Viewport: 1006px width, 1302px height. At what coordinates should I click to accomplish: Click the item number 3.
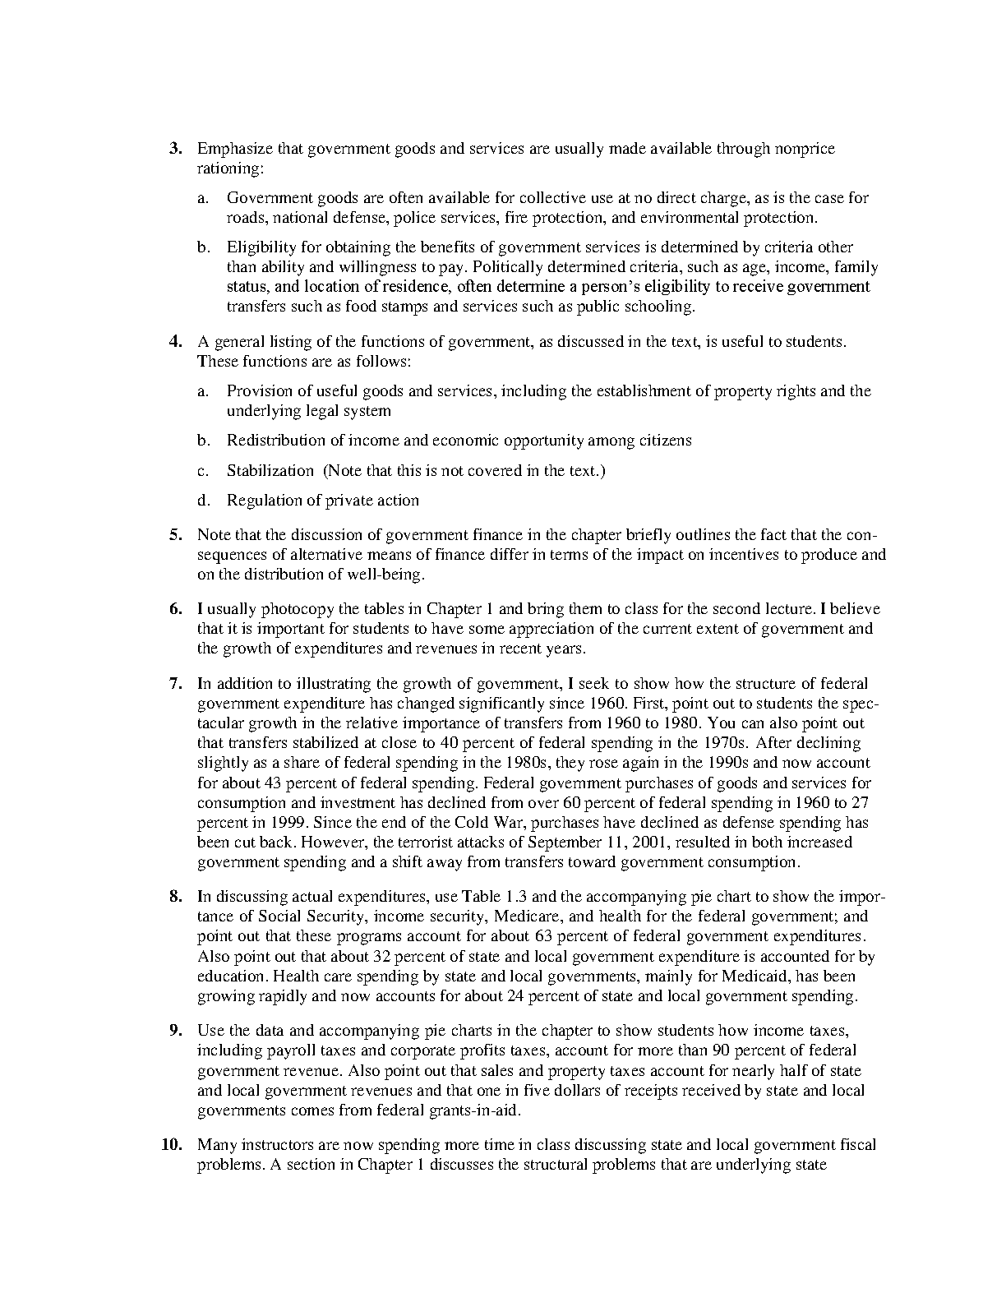pyautogui.click(x=174, y=149)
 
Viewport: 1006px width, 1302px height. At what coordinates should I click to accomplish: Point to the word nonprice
pyautogui.click(x=806, y=149)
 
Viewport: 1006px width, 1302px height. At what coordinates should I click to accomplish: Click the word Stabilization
pyautogui.click(x=270, y=470)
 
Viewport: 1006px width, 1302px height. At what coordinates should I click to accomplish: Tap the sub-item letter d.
pyautogui.click(x=203, y=500)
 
